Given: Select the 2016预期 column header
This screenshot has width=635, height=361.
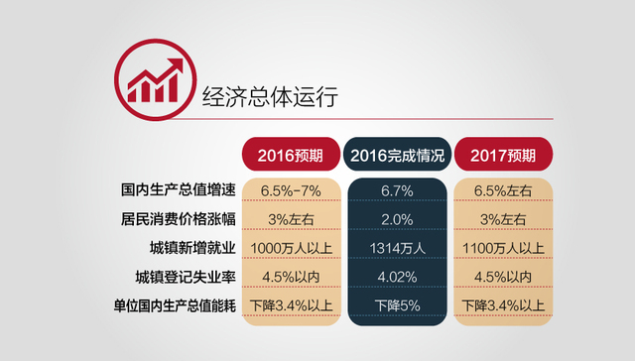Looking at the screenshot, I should (x=290, y=157).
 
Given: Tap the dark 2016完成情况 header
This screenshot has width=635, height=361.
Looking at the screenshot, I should (x=397, y=157).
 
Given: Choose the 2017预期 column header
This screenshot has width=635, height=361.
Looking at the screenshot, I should (x=503, y=157).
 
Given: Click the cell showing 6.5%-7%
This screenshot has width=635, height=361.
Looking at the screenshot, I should (x=290, y=188).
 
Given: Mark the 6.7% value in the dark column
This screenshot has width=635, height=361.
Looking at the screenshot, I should (x=397, y=188).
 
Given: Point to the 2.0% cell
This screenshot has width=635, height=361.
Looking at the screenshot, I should (x=397, y=217).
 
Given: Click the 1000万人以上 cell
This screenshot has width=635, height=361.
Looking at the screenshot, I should (x=290, y=247).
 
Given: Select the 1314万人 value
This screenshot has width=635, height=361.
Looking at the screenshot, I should (x=397, y=247).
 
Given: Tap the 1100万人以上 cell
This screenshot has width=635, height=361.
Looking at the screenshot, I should (x=503, y=247).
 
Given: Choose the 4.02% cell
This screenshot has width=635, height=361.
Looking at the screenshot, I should (x=397, y=276).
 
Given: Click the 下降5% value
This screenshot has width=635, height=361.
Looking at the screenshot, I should (x=397, y=304).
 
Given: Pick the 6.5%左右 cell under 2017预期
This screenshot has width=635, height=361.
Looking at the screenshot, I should (x=503, y=188).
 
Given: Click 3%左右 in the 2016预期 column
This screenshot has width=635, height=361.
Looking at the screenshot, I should (x=290, y=217).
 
